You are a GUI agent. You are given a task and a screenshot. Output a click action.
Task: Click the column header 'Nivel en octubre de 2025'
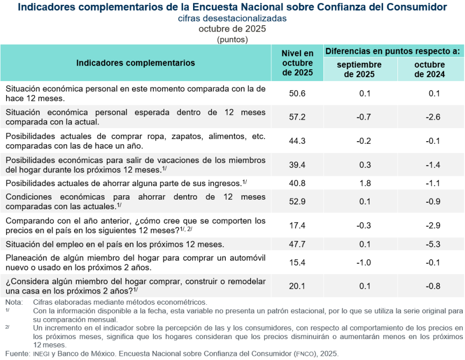(297, 63)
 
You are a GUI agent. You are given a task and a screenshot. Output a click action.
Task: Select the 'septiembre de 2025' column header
(359, 69)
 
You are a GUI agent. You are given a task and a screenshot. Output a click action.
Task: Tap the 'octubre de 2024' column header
(430, 69)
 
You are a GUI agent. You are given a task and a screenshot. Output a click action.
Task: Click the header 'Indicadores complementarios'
(136, 63)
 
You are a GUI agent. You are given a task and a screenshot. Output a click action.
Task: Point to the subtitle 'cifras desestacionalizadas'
(232, 18)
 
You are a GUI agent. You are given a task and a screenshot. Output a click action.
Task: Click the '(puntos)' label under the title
(232, 39)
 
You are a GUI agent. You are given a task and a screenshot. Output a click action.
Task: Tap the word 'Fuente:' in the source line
(16, 354)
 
